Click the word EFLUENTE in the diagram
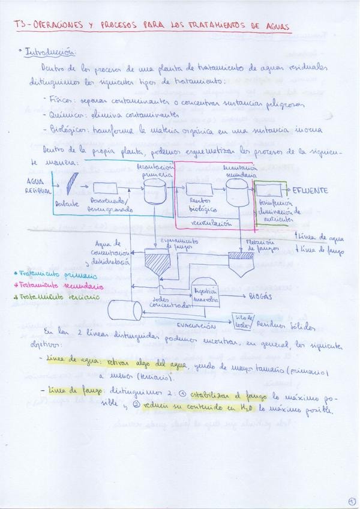[311, 190]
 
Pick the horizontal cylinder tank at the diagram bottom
[125, 310]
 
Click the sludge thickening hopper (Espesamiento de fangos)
[160, 264]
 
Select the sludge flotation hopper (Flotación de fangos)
[244, 263]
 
